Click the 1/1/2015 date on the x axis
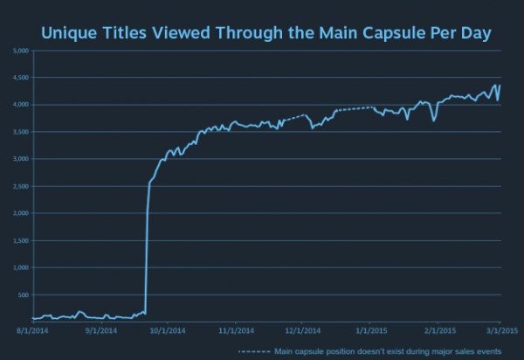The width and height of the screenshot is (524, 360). tap(369, 332)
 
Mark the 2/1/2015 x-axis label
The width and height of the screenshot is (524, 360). tap(437, 332)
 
